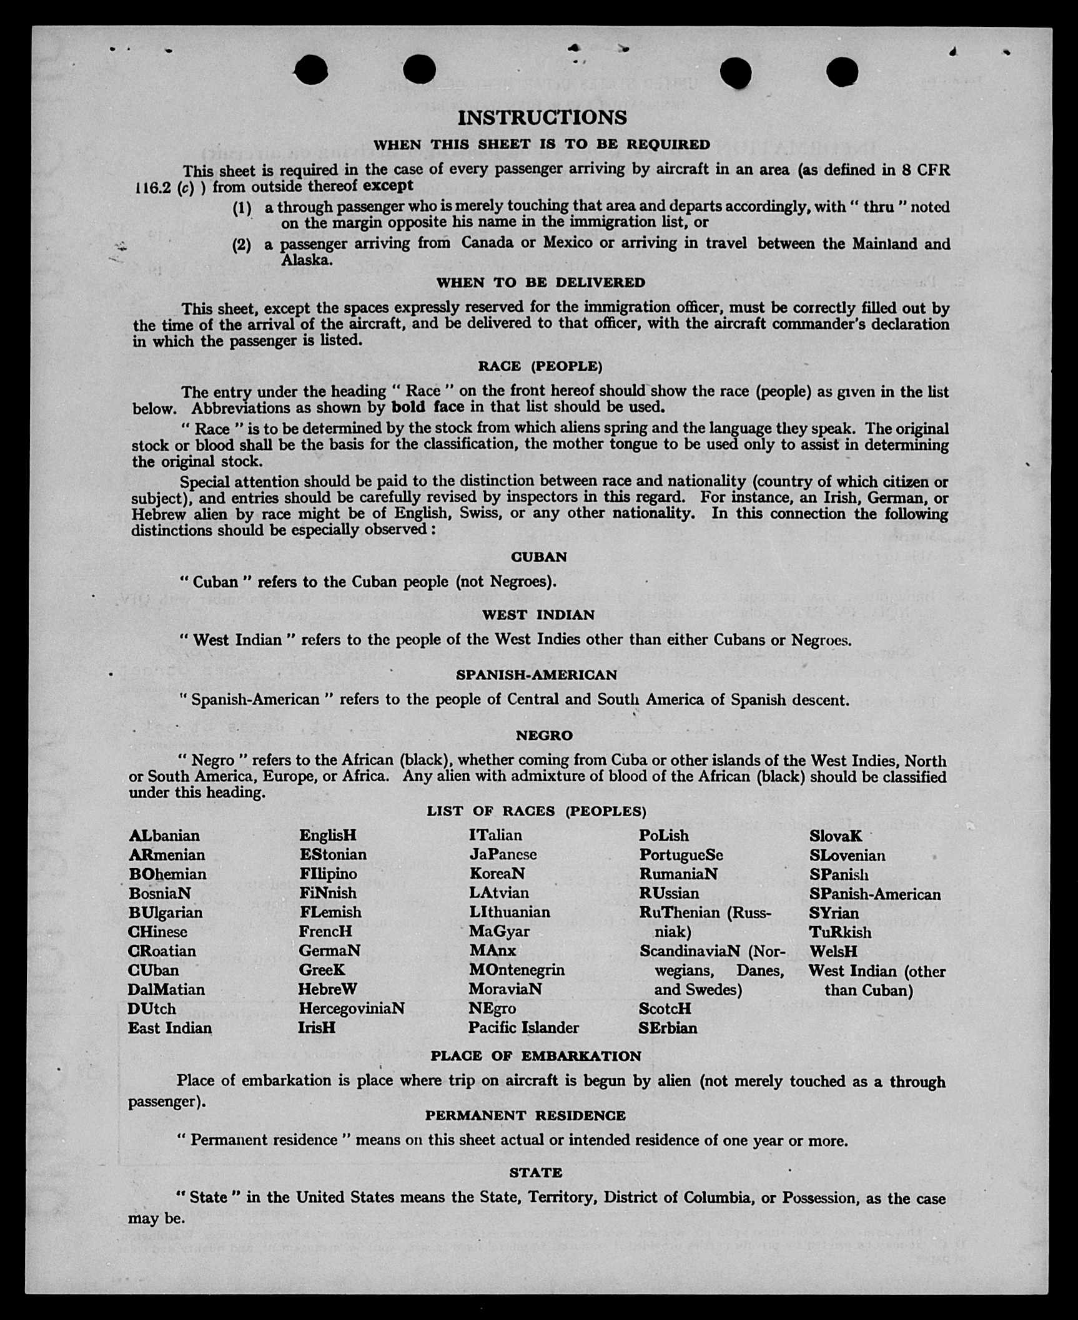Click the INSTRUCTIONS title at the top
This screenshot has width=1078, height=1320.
542,117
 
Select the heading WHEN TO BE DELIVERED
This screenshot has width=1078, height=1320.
540,283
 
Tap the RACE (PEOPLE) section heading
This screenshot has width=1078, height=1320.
540,366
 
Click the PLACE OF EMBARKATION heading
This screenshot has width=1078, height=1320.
536,1056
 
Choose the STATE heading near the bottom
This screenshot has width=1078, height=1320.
535,1173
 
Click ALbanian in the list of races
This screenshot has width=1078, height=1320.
164,836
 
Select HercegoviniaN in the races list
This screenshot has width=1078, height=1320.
351,1009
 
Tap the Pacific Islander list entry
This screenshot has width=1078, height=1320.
523,1028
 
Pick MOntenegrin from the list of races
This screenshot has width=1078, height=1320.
517,970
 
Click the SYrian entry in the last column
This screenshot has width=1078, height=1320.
834,913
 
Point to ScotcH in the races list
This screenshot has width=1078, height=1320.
665,1009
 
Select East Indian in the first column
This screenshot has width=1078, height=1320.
170,1028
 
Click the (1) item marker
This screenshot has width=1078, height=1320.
242,208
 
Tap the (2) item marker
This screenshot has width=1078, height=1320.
242,245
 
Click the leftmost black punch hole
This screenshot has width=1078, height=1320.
310,69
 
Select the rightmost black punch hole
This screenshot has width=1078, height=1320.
842,72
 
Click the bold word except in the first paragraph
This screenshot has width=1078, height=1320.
388,185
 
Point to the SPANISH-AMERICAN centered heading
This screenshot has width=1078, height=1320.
536,675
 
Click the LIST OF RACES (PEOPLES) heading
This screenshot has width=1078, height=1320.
536,811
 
